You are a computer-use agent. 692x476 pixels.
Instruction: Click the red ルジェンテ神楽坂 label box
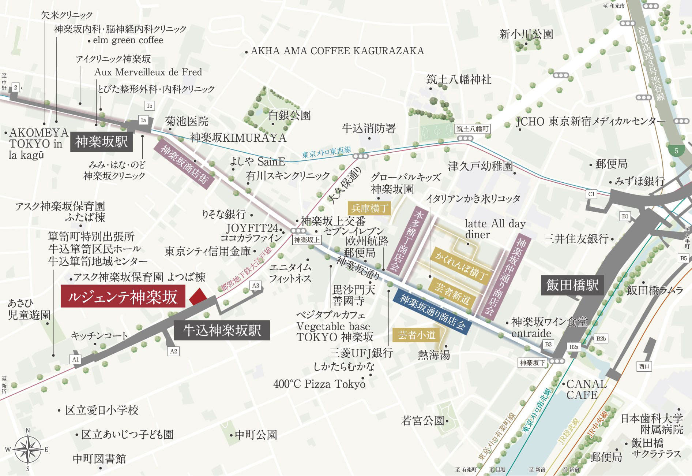[x=123, y=296]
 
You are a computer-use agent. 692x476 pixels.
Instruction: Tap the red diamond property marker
[x=198, y=297]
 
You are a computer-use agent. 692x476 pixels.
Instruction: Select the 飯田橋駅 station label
[x=572, y=285]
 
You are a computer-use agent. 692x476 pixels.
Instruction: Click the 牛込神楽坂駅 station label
[x=222, y=331]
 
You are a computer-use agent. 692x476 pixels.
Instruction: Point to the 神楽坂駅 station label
[x=101, y=142]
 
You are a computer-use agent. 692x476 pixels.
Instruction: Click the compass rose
[x=28, y=449]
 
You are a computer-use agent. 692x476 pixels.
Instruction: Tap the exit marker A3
[x=256, y=286]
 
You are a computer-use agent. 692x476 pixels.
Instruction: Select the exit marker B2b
[x=601, y=339]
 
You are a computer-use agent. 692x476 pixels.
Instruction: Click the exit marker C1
[x=591, y=194]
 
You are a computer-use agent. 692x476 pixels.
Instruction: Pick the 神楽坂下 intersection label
[x=533, y=363]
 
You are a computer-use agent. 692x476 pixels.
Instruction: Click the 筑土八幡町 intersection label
[x=472, y=129]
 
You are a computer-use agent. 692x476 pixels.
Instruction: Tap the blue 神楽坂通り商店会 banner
[x=432, y=314]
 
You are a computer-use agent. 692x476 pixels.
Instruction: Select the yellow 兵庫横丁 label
[x=369, y=208]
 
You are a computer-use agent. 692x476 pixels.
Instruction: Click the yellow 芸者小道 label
[x=416, y=335]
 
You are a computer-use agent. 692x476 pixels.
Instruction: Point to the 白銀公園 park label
[x=289, y=115]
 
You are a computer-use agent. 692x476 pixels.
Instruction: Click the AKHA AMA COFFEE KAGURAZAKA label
[x=337, y=51]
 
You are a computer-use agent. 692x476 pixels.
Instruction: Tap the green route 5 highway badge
[x=676, y=150]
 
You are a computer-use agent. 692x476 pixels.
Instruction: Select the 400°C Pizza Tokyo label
[x=319, y=384]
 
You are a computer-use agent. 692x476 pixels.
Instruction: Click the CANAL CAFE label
[x=586, y=390]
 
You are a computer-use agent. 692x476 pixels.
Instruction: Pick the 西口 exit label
[x=644, y=366]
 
